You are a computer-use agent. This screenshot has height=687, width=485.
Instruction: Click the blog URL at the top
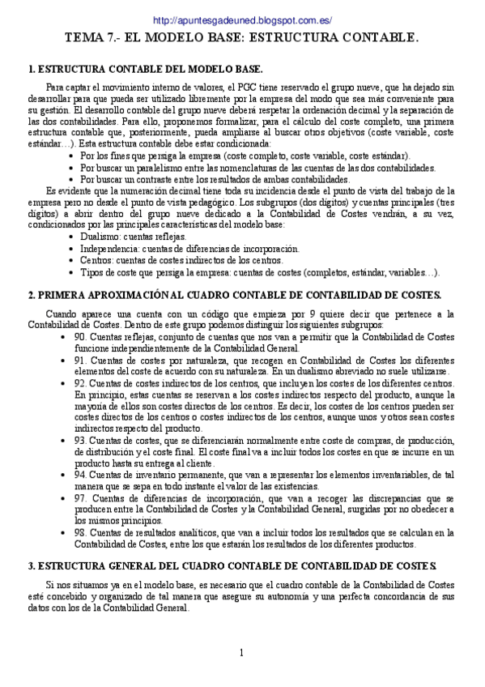click(x=242, y=20)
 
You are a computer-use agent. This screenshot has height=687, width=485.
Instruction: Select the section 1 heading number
click(x=31, y=69)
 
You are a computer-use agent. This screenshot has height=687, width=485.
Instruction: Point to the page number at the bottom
click(x=241, y=653)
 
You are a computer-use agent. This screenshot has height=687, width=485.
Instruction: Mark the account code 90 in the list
click(x=79, y=336)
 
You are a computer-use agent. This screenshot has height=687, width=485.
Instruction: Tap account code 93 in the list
click(x=79, y=440)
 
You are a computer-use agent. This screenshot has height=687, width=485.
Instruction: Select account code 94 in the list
click(x=79, y=474)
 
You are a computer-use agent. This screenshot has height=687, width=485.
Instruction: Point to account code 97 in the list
click(x=79, y=497)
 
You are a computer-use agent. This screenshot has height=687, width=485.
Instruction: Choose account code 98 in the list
click(x=79, y=532)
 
